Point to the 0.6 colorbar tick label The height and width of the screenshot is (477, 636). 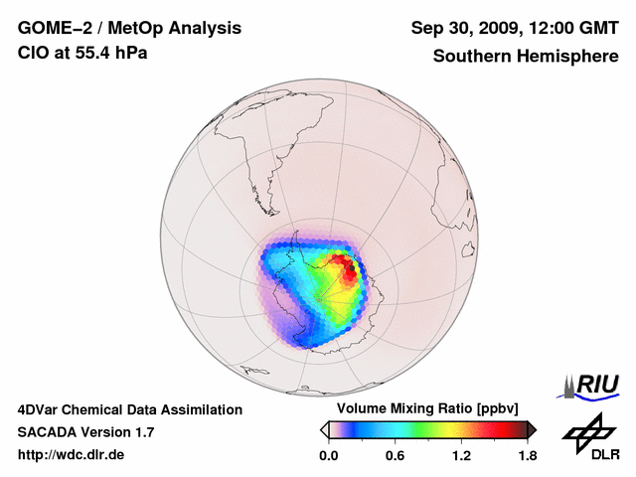click(x=395, y=456)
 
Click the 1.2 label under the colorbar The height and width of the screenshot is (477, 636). click(x=461, y=456)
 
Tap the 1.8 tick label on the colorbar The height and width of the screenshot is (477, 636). click(x=528, y=456)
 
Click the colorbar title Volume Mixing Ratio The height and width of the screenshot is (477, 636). click(x=404, y=408)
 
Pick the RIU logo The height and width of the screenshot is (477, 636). click(x=592, y=386)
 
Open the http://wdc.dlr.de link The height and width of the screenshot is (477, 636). click(x=72, y=456)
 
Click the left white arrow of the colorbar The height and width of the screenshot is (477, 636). click(x=324, y=429)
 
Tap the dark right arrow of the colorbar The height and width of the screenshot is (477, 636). click(x=532, y=429)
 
